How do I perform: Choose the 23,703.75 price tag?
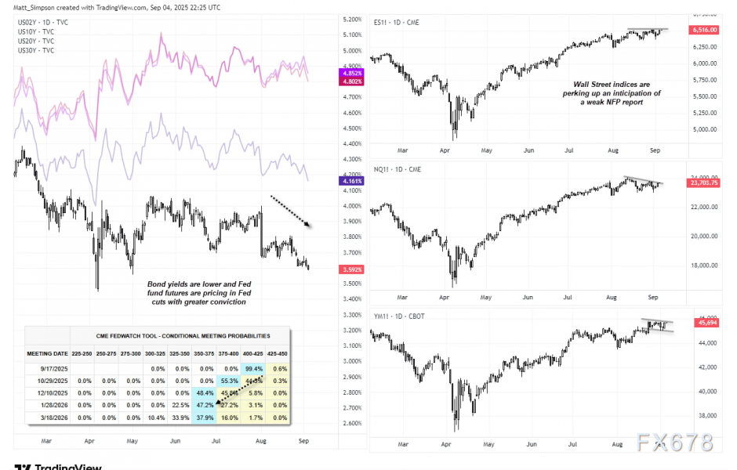(704, 183)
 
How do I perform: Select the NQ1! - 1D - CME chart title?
(398, 168)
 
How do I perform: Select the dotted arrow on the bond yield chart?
(291, 211)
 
